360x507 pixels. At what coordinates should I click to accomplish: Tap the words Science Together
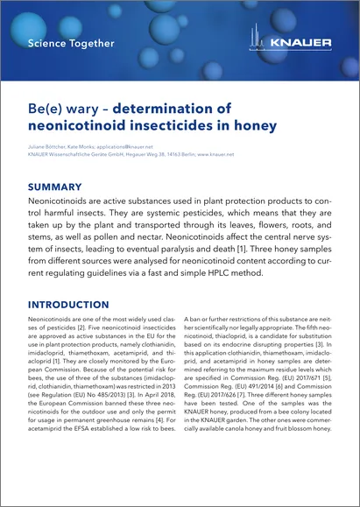point(71,43)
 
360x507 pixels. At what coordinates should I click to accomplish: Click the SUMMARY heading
point(55,187)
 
